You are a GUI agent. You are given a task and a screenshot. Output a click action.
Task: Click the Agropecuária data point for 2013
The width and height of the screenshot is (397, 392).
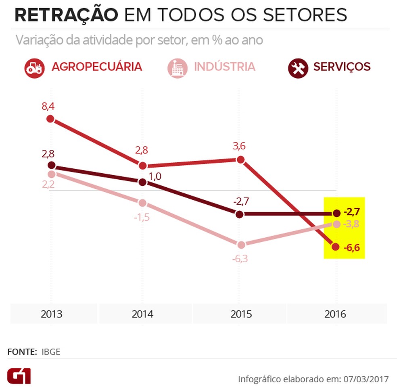[50, 119]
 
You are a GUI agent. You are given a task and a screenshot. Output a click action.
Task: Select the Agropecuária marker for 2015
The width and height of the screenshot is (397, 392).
[240, 160]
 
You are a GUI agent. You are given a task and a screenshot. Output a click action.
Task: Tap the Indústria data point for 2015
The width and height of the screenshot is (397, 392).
[241, 245]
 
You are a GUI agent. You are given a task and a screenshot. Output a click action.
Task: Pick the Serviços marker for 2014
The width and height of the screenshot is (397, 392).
[142, 182]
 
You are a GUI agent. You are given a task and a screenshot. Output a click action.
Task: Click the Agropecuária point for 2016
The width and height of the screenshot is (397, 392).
[336, 247]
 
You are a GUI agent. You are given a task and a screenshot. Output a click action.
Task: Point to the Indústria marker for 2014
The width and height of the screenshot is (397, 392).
[142, 203]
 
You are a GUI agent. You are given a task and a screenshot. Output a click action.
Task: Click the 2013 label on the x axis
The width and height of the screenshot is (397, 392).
[51, 314]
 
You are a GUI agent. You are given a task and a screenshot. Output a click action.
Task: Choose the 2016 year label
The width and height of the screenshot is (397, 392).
[335, 314]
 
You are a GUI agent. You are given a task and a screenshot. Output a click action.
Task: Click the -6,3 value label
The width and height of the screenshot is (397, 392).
[240, 259]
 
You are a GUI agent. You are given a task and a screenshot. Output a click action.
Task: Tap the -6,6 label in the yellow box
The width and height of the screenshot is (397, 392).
[352, 247]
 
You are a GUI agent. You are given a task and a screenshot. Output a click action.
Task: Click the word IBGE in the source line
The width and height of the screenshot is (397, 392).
[51, 351]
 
